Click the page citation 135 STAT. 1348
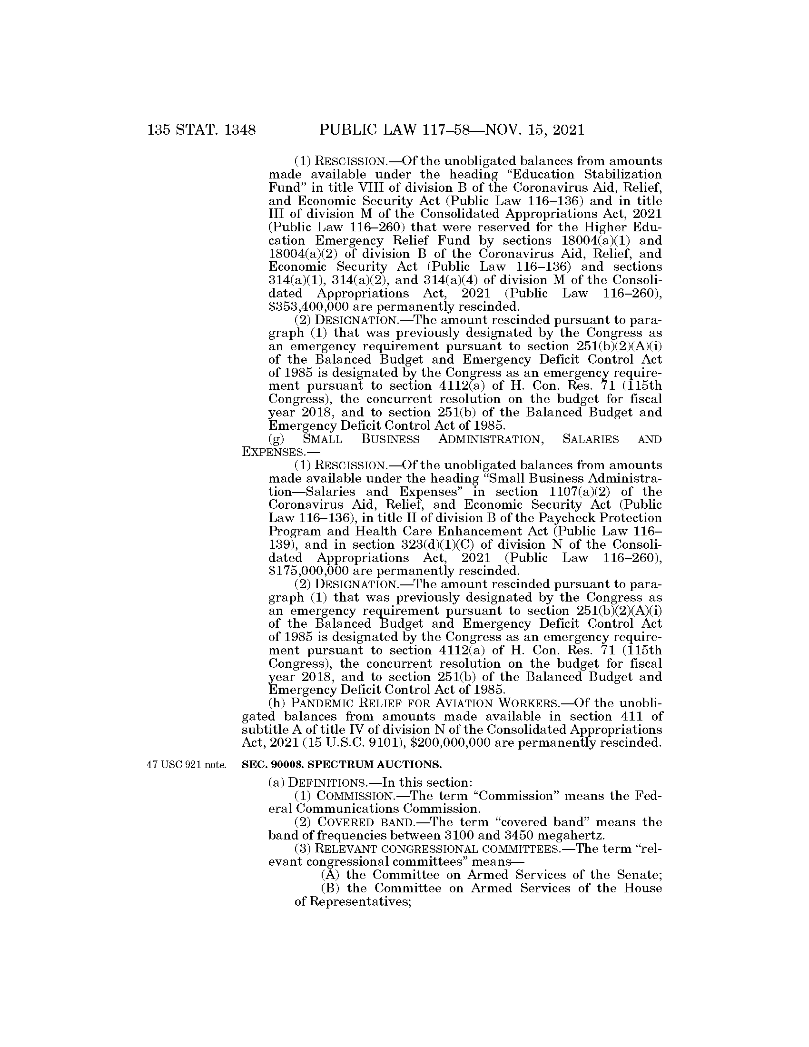(x=202, y=130)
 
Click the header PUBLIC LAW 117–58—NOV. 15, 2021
(x=452, y=130)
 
